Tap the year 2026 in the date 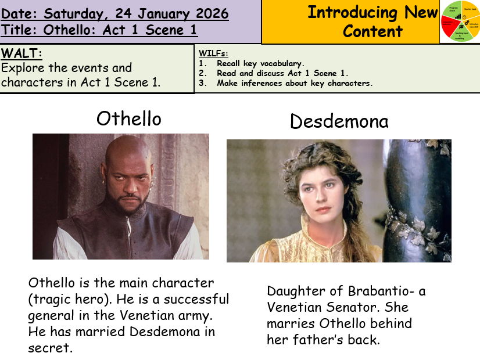pos(209,13)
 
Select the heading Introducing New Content pos(372,21)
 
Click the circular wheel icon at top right pos(460,21)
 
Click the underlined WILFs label pos(213,53)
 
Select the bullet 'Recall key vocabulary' pos(260,63)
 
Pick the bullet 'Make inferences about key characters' pos(294,83)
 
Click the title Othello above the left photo pos(128,118)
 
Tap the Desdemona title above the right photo pos(339,121)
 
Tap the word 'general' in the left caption pos(49,316)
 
